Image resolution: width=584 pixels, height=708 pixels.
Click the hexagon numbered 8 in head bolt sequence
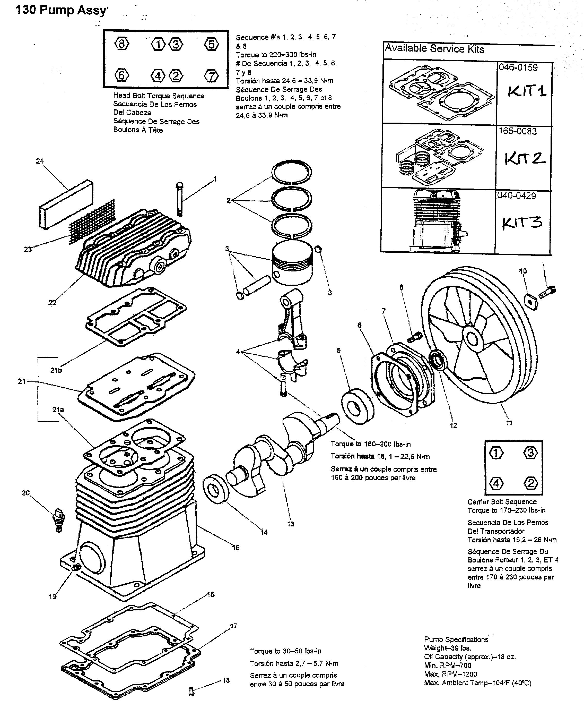(121, 44)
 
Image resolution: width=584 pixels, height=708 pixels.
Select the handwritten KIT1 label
(527, 91)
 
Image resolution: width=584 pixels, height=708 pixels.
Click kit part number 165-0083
(517, 131)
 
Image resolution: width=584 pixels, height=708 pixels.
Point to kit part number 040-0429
(516, 195)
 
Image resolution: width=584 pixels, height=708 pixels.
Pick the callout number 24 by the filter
(40, 161)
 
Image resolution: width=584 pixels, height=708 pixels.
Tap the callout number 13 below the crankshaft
(291, 524)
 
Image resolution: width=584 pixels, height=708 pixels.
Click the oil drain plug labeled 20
(59, 521)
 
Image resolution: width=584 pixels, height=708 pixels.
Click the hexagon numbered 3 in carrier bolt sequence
(530, 453)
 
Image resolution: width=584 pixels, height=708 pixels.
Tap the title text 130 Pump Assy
(62, 10)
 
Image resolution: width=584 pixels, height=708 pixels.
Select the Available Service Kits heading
(434, 49)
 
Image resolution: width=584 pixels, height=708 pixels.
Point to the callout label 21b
(56, 370)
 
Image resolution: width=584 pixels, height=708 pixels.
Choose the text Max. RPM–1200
(450, 674)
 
